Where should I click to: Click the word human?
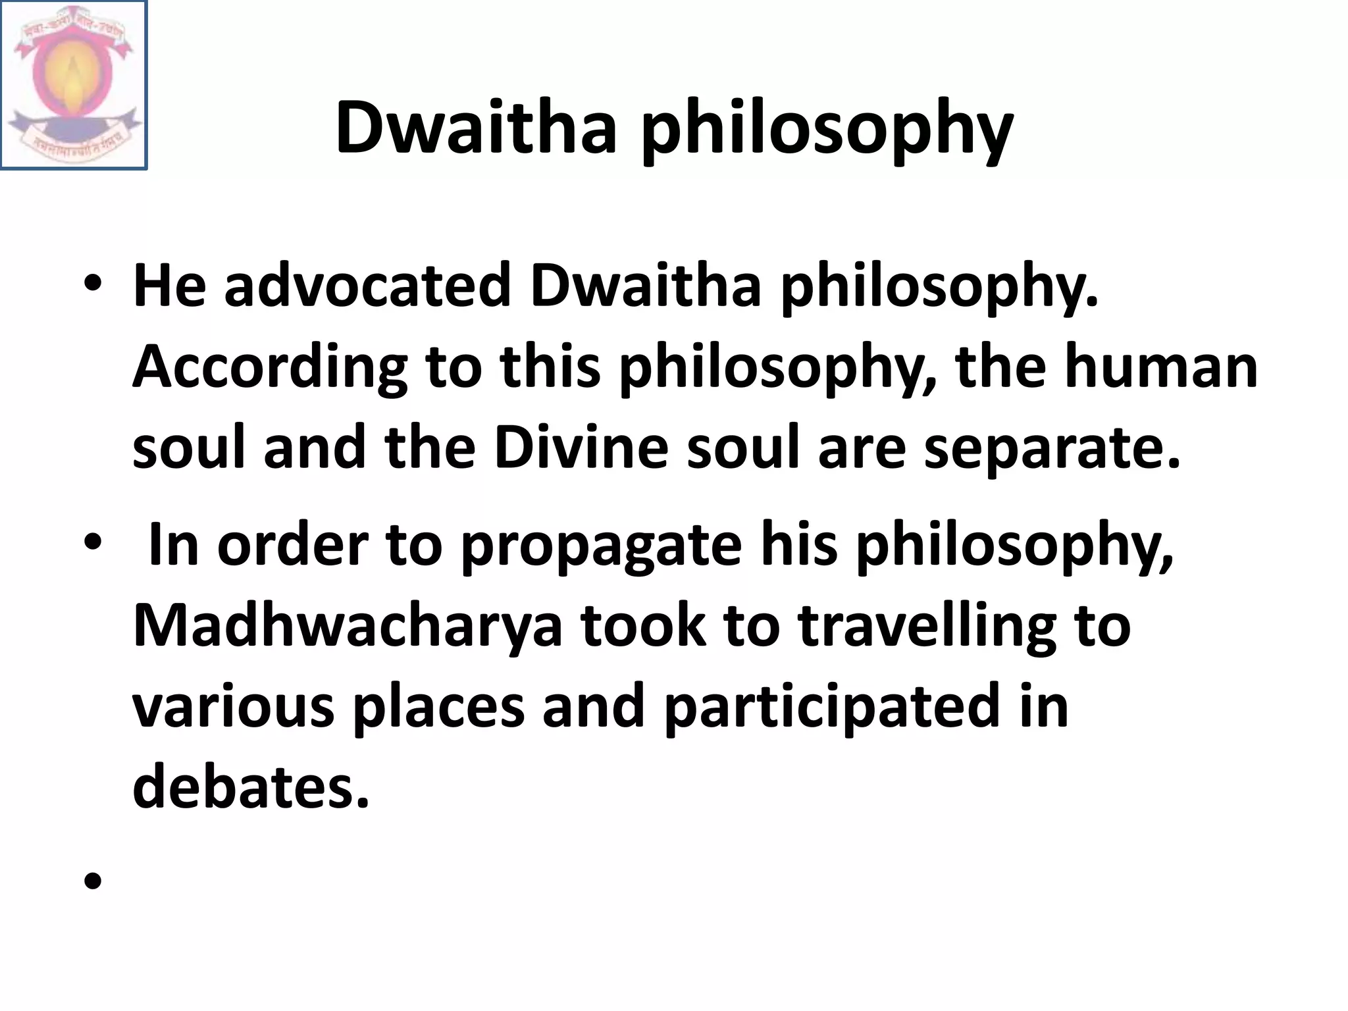click(1161, 366)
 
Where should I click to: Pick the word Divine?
click(581, 447)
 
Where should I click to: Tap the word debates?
click(251, 785)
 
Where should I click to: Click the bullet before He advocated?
click(93, 284)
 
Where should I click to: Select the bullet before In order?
click(93, 542)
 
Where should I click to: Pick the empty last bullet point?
click(93, 880)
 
